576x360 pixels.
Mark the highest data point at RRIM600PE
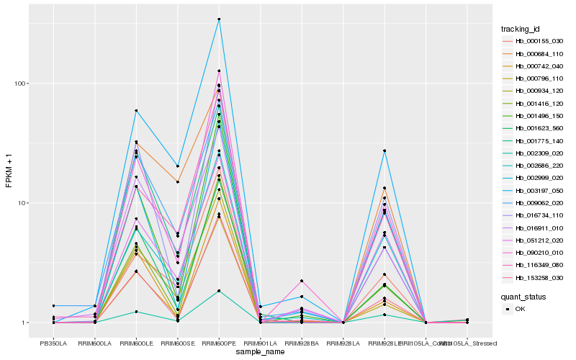[219, 19]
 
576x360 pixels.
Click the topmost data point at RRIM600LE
[136, 111]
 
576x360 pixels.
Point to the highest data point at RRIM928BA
[302, 281]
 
